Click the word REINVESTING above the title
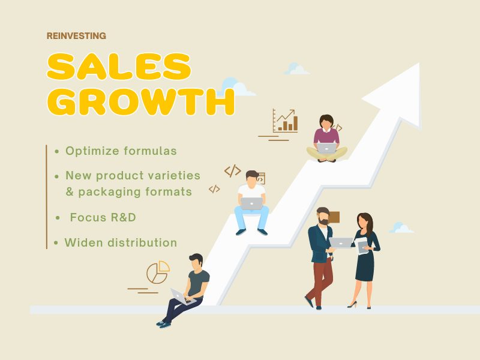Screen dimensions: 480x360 pyautogui.click(x=76, y=36)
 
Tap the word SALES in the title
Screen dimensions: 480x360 pyautogui.click(x=119, y=67)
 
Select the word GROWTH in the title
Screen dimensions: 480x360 pyautogui.click(x=141, y=101)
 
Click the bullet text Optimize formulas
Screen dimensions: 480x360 pyautogui.click(x=121, y=151)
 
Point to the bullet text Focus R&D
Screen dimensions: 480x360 pyautogui.click(x=103, y=217)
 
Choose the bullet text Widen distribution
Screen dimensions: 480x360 pyautogui.click(x=121, y=242)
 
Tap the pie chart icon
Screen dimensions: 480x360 pyautogui.click(x=158, y=272)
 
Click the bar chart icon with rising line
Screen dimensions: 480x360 pyautogui.click(x=285, y=121)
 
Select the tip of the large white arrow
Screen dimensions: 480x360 pyautogui.click(x=418, y=64)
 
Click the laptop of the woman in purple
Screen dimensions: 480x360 pyautogui.click(x=326, y=148)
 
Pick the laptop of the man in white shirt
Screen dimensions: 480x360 pyautogui.click(x=251, y=203)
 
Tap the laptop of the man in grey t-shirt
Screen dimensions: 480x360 pyautogui.click(x=182, y=296)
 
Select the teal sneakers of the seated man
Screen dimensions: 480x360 pyautogui.click(x=163, y=324)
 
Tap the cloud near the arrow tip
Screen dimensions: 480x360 pyautogui.click(x=296, y=68)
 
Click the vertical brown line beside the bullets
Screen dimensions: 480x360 pyautogui.click(x=47, y=197)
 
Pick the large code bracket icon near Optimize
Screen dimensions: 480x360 pyautogui.click(x=233, y=171)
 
